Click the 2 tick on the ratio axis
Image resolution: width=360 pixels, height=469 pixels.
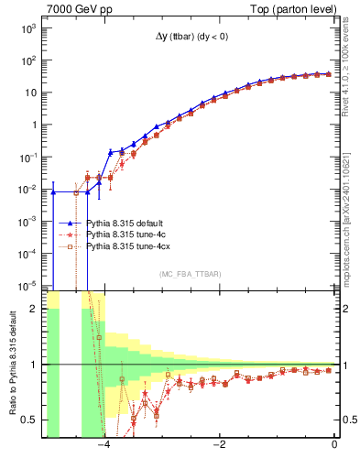coord(35,309)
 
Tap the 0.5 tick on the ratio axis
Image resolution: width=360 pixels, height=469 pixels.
coord(31,420)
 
